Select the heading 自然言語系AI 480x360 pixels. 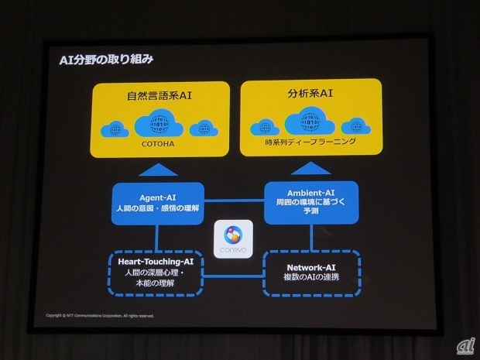pyautogui.click(x=160, y=98)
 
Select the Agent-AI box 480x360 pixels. pyautogui.click(x=158, y=204)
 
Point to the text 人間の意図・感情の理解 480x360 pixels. pyautogui.click(x=158, y=210)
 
